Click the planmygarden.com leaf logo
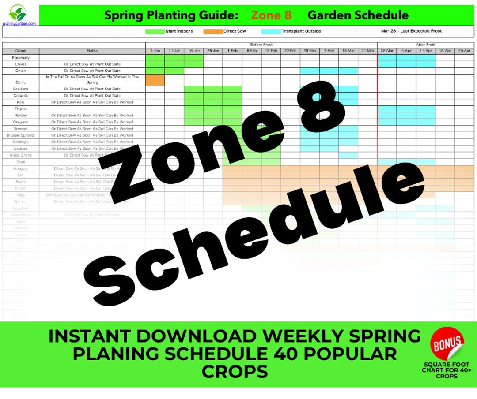[x=18, y=13]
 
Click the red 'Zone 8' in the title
[x=271, y=15]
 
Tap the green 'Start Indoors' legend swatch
[x=155, y=31]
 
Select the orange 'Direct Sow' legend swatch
[x=212, y=31]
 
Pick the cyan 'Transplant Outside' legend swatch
[x=271, y=31]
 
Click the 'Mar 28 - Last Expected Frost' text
[x=411, y=31]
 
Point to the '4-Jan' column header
[x=155, y=51]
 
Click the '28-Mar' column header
[x=387, y=51]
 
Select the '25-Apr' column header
[x=464, y=51]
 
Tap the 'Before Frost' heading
[x=261, y=45]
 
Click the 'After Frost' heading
[x=426, y=45]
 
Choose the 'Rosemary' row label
[x=21, y=58]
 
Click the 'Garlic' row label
[x=21, y=82]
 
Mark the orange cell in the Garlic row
[x=155, y=80]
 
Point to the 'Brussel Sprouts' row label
[x=21, y=135]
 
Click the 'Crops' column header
[x=21, y=51]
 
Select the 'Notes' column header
[x=92, y=51]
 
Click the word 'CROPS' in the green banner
[x=235, y=372]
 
